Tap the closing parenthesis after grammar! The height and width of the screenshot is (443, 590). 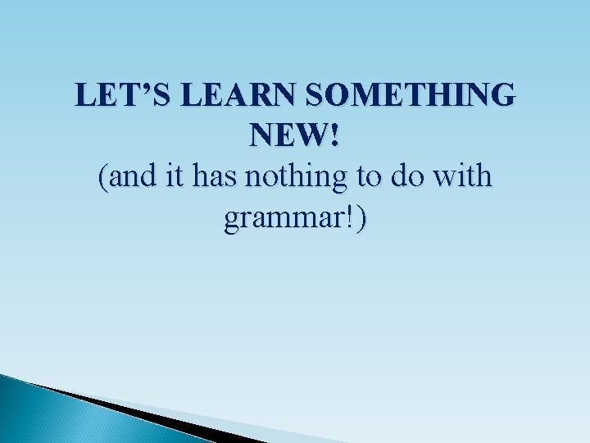pos(361,220)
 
